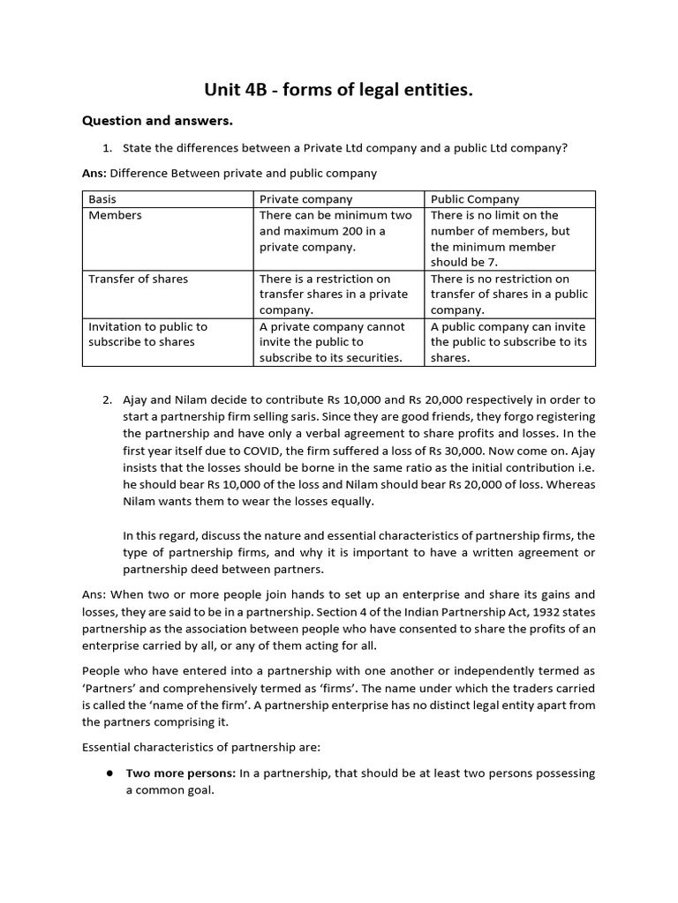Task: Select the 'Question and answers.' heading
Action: pyautogui.click(x=157, y=120)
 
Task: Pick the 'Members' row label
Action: pyautogui.click(x=115, y=215)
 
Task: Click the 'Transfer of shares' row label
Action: pyautogui.click(x=138, y=279)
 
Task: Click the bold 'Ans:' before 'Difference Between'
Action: pyautogui.click(x=94, y=173)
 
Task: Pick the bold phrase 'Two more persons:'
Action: pyautogui.click(x=180, y=773)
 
